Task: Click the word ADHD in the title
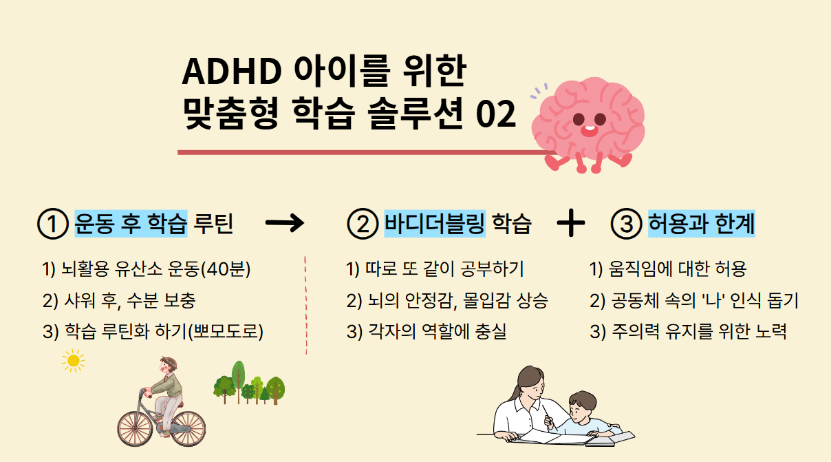point(232,72)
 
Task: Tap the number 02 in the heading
point(495,114)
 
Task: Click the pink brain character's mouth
point(589,131)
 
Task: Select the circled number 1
point(53,224)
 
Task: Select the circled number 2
point(363,224)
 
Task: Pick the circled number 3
point(627,224)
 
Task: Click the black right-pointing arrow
point(285,223)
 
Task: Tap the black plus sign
point(571,223)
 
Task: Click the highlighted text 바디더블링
point(435,224)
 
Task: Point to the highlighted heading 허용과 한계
point(702,224)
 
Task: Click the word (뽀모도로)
point(226,331)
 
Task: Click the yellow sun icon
point(74,361)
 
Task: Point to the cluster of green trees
point(249,384)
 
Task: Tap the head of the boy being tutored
point(583,405)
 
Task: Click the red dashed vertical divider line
point(306,305)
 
